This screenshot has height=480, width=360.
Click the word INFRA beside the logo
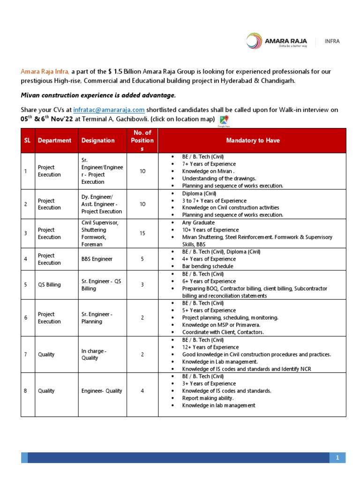pyautogui.click(x=332, y=41)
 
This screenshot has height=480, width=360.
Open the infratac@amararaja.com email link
pyautogui.click(x=109, y=110)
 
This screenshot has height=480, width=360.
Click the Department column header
pyautogui.click(x=54, y=140)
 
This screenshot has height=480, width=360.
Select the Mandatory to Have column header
pyautogui.click(x=252, y=140)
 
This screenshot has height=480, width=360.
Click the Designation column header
pyautogui.click(x=97, y=140)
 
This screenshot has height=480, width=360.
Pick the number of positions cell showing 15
pyautogui.click(x=142, y=233)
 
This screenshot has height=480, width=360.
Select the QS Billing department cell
pyautogui.click(x=49, y=285)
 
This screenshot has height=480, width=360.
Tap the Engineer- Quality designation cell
pyautogui.click(x=102, y=390)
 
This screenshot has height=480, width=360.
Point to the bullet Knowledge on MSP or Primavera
pyautogui.click(x=221, y=325)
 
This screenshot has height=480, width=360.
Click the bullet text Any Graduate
pyautogui.click(x=198, y=223)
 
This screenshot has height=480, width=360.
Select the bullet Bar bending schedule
pyautogui.click(x=208, y=266)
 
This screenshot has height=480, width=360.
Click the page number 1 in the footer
pyautogui.click(x=337, y=457)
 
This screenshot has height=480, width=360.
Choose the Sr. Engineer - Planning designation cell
pyautogui.click(x=97, y=318)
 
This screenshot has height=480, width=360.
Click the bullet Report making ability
pyautogui.click(x=208, y=398)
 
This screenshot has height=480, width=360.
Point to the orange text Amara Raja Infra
pyautogui.click(x=45, y=71)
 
